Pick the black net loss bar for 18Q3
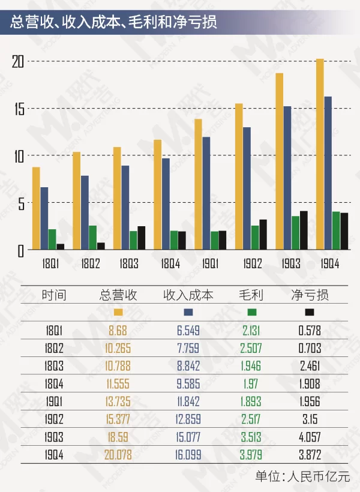[x=141, y=238]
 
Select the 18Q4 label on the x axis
[x=170, y=262]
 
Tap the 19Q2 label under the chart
[x=251, y=262]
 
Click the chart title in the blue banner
[x=114, y=22]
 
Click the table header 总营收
[x=118, y=295]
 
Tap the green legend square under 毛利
[x=252, y=312]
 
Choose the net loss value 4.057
[x=310, y=438]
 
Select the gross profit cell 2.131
[x=252, y=330]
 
